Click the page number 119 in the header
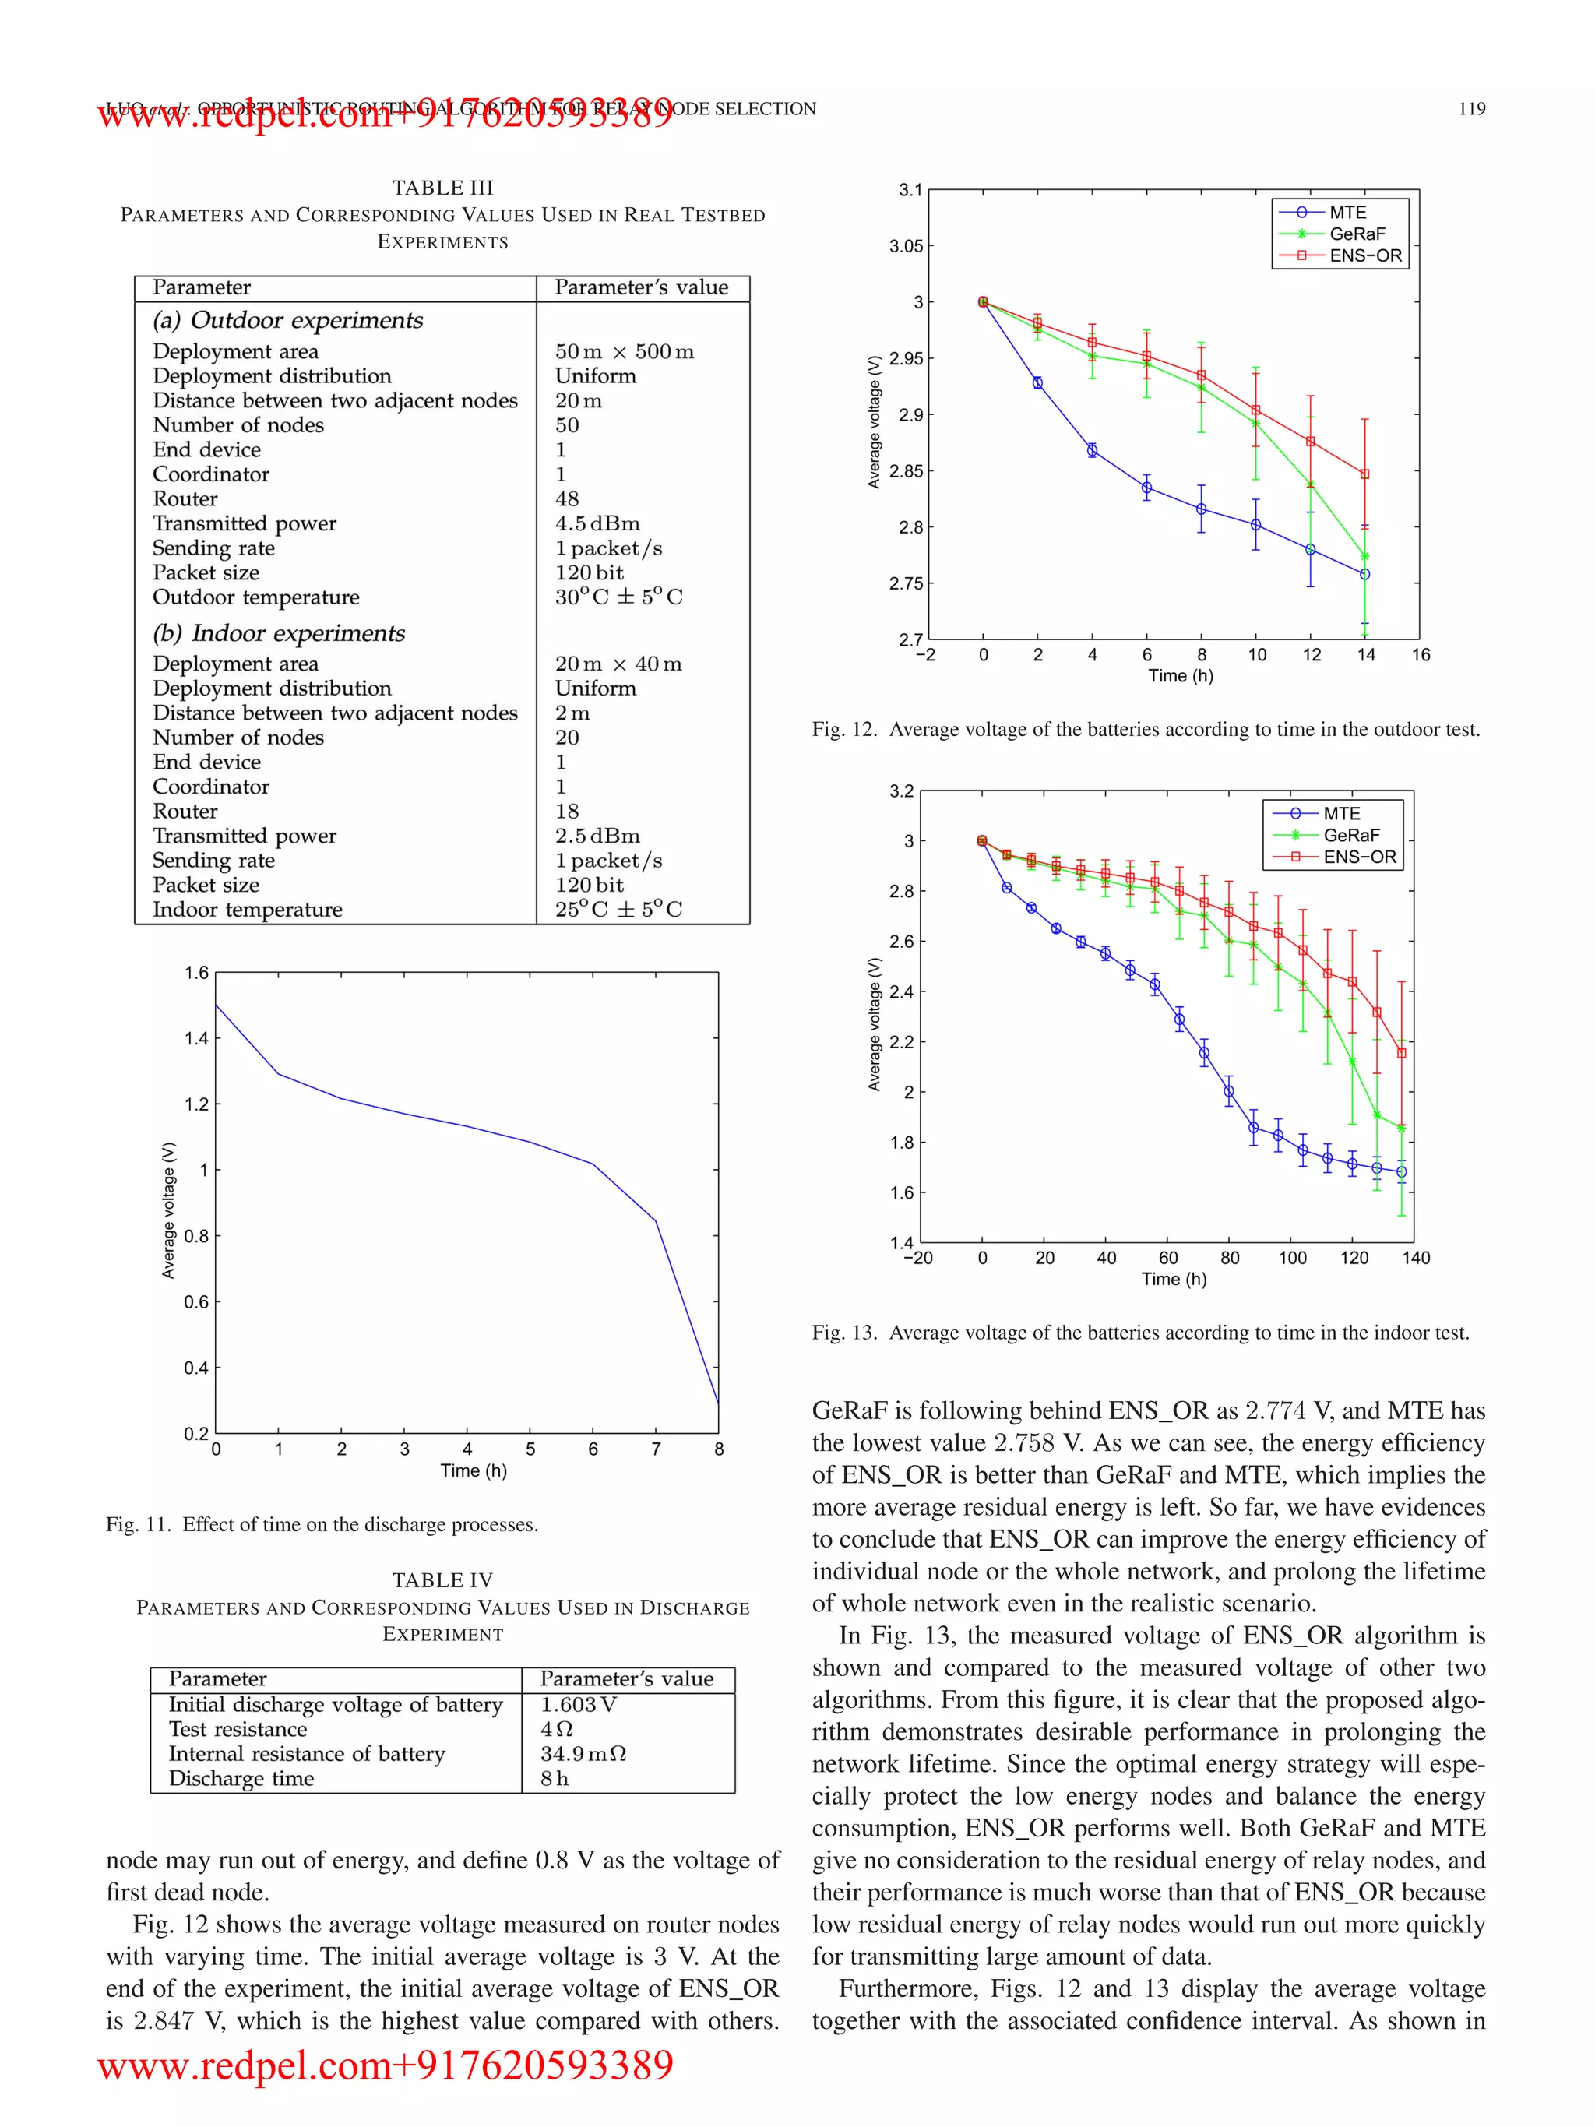1471,109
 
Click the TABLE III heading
442,188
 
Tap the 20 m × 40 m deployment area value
618,664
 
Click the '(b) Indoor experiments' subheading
279,632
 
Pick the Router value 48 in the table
566,498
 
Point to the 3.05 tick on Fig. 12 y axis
905,246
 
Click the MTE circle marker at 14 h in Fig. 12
1364,574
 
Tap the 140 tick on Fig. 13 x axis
1415,1258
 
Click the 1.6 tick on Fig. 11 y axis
196,973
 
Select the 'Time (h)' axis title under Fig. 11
473,1470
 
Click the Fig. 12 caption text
1145,729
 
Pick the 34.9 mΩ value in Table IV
582,1753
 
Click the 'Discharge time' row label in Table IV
241,1778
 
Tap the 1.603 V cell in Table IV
578,1704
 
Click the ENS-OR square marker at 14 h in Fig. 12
1364,474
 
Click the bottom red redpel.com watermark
386,2064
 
